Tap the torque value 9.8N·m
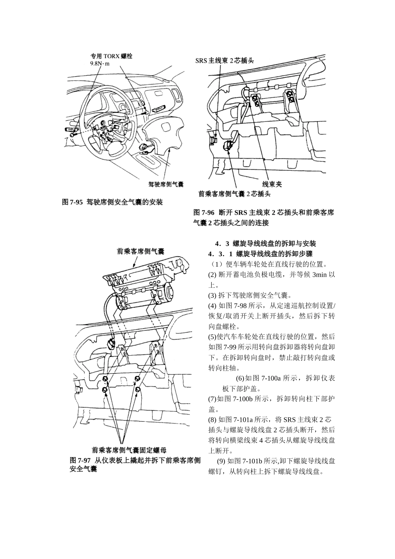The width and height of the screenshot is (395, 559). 100,63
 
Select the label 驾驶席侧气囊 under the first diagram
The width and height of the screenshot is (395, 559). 166,184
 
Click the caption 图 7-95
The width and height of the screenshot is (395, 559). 72,202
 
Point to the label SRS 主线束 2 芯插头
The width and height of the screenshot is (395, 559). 225,60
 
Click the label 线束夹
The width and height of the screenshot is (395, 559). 272,184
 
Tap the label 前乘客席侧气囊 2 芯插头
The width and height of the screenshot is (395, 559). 235,194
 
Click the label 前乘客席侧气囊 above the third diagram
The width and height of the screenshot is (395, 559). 141,251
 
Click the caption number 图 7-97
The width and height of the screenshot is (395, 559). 80,460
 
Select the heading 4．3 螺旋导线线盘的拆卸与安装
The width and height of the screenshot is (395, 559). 265,243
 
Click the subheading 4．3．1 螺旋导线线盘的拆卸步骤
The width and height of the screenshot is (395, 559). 260,254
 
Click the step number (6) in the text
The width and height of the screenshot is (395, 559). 240,378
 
